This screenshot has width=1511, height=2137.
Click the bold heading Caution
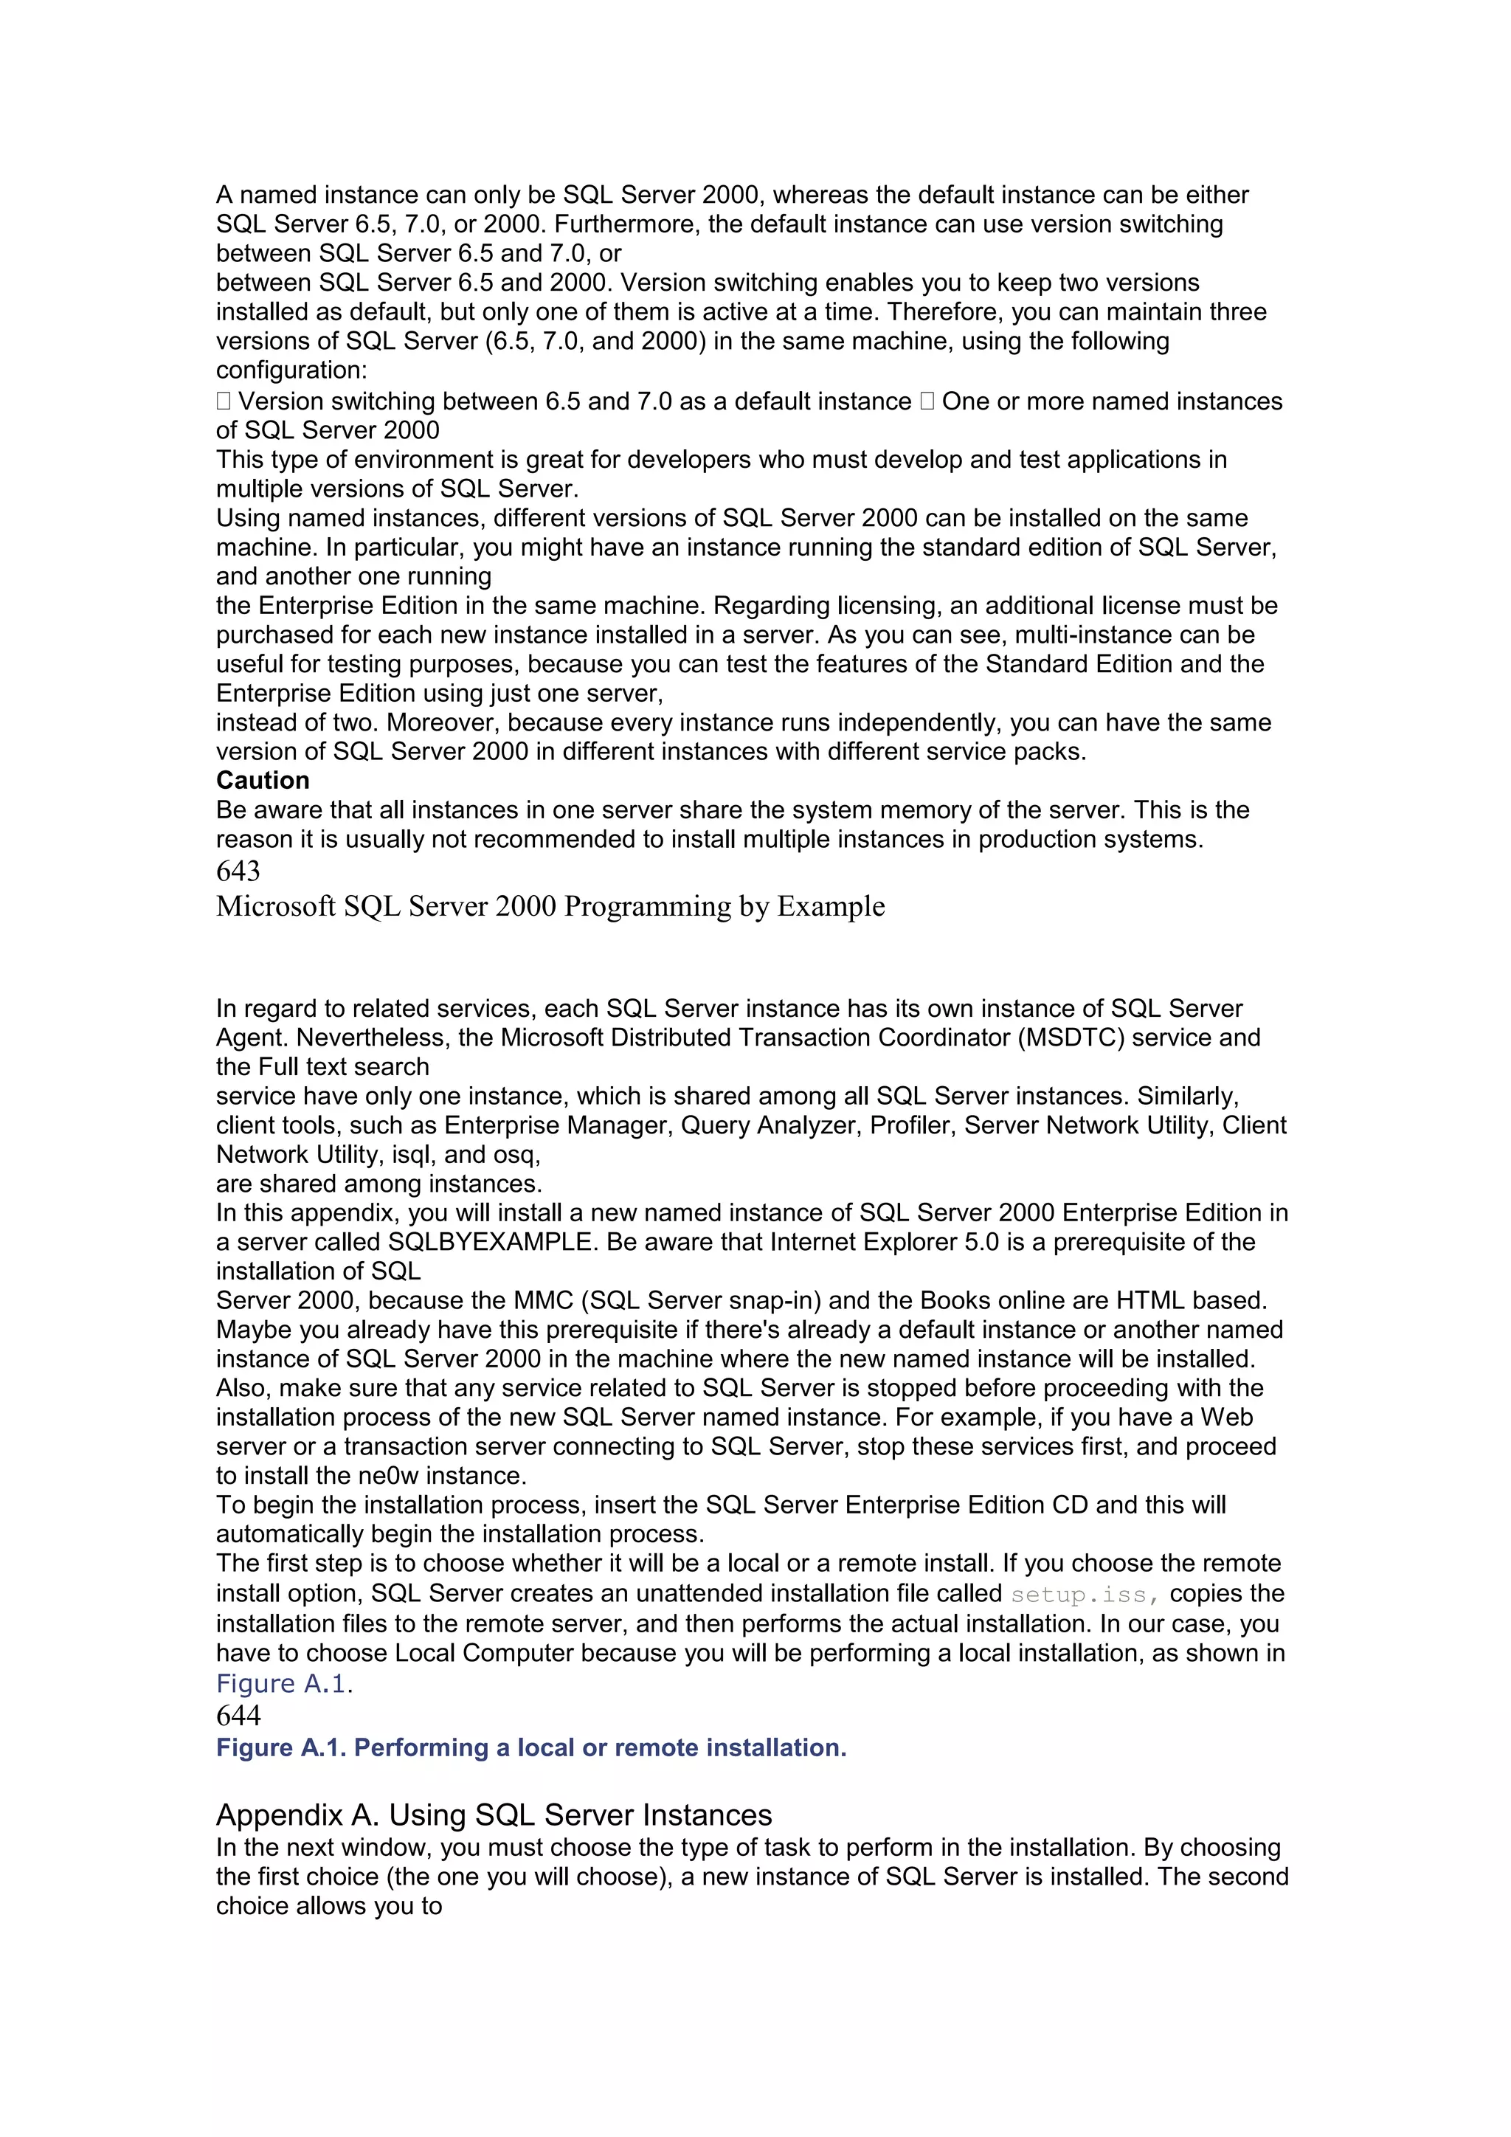point(263,781)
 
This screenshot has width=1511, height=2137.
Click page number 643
point(238,871)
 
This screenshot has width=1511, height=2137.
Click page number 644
point(238,1716)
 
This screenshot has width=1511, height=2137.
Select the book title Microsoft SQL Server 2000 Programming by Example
point(550,907)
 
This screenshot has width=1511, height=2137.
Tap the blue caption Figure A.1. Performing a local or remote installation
point(531,1748)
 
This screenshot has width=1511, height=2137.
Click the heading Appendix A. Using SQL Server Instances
point(494,1815)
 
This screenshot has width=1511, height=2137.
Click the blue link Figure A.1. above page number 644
point(284,1684)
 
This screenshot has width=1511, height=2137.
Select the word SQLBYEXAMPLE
point(491,1243)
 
